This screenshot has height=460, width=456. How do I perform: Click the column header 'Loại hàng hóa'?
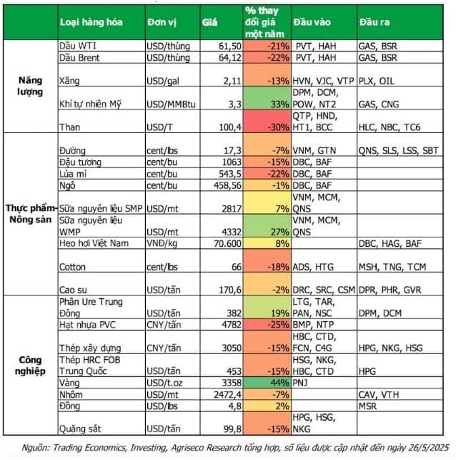(x=91, y=22)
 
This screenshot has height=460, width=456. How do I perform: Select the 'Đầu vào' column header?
(x=312, y=22)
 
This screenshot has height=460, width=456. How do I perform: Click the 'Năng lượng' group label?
(x=30, y=86)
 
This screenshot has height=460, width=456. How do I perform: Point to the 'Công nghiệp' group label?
(x=30, y=366)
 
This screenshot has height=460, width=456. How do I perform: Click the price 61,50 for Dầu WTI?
(x=222, y=45)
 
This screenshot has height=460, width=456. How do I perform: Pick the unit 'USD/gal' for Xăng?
(x=164, y=80)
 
